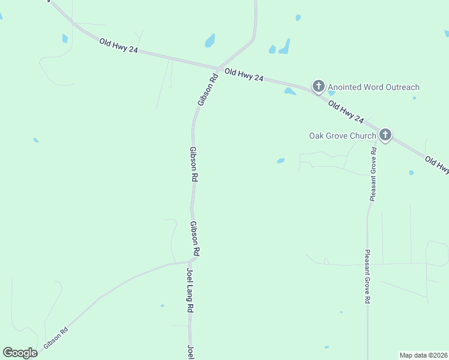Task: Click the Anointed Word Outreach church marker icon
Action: (319, 86)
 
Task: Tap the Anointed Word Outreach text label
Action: (373, 88)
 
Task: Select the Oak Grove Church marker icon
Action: (385, 135)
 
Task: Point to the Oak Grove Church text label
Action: (342, 136)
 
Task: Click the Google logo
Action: (20, 353)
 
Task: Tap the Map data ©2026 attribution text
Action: (423, 355)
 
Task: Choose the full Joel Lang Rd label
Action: (190, 290)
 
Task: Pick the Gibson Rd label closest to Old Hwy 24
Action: (207, 90)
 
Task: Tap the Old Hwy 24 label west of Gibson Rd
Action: (119, 46)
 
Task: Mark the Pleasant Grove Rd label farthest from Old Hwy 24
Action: (367, 277)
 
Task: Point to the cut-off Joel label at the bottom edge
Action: (190, 352)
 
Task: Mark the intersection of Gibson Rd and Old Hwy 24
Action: (217, 68)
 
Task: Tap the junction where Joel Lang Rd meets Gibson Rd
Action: (191, 260)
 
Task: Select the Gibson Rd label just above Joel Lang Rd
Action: (195, 239)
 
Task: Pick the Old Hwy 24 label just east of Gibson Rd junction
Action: (244, 75)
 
